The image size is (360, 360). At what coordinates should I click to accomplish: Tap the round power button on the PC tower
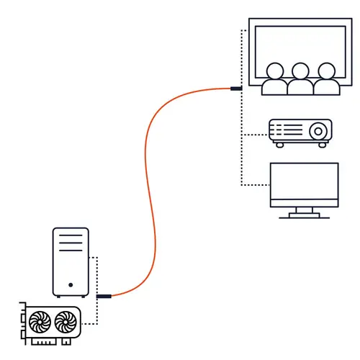click(71, 285)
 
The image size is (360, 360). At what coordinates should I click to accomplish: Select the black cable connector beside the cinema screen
click(235, 89)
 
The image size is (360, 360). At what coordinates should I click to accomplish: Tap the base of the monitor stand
click(303, 215)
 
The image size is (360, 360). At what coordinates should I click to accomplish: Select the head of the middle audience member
click(300, 71)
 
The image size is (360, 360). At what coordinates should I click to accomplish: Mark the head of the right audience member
click(327, 71)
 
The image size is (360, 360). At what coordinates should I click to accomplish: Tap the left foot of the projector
click(278, 145)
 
